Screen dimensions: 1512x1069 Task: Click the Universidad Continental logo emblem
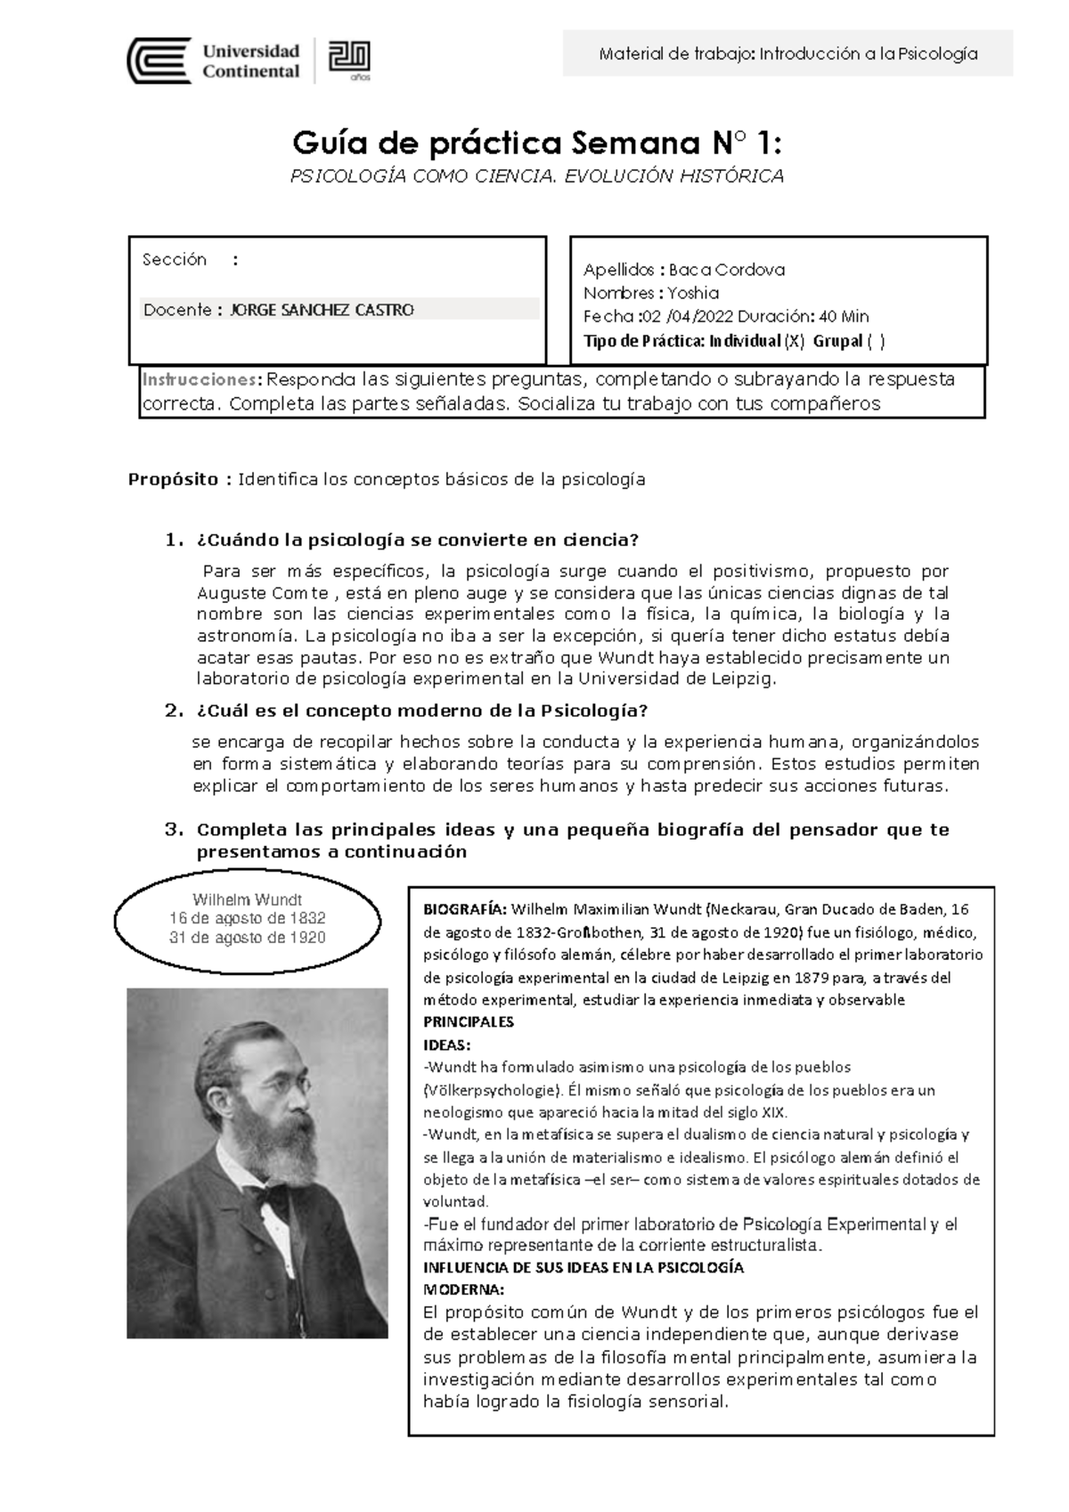point(159,61)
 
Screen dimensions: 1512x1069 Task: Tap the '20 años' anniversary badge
point(349,60)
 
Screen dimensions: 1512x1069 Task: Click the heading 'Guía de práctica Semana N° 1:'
point(539,142)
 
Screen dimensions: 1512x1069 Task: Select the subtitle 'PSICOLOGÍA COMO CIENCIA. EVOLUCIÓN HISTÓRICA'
point(537,176)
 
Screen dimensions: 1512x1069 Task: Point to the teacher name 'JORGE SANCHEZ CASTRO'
point(322,310)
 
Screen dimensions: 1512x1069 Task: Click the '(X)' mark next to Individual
point(794,340)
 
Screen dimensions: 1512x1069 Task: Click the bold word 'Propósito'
point(174,479)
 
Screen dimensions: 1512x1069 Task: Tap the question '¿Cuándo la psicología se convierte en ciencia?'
point(417,541)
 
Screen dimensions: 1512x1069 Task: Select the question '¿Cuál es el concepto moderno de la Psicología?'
point(421,711)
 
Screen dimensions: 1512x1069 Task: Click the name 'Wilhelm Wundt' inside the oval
point(247,899)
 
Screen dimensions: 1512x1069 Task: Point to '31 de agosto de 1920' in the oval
point(247,938)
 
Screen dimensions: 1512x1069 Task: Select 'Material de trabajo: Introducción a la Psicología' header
point(788,53)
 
